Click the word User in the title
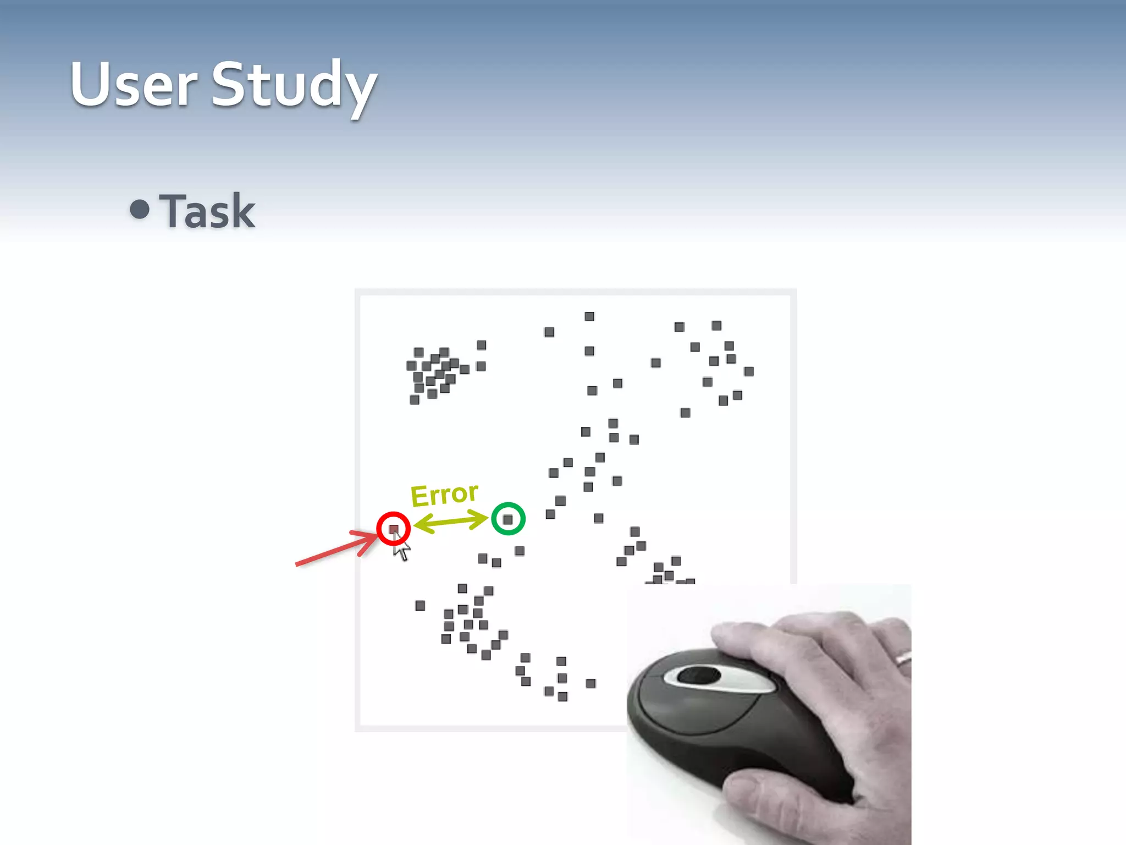pyautogui.click(x=134, y=85)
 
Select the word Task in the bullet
pyautogui.click(x=208, y=211)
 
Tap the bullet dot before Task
pyautogui.click(x=140, y=209)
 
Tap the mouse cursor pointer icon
pyautogui.click(x=401, y=548)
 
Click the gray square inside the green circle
pyautogui.click(x=508, y=519)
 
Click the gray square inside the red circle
pyautogui.click(x=394, y=529)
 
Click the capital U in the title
pyautogui.click(x=91, y=84)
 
